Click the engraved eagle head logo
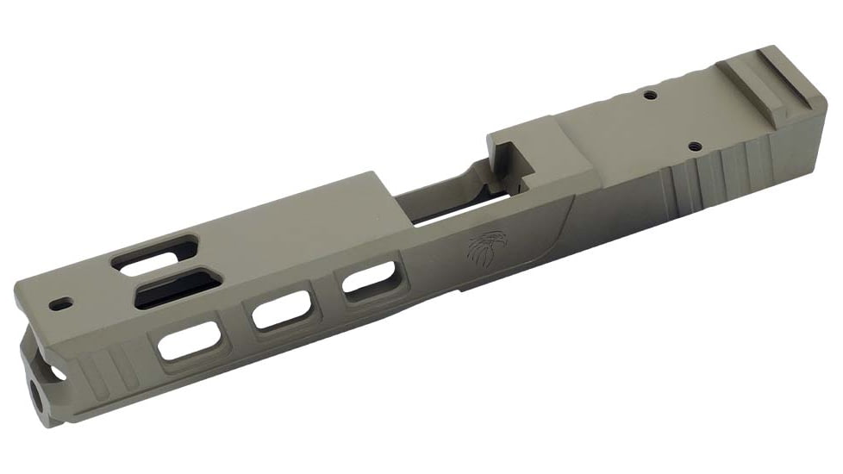(484, 249)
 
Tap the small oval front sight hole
(61, 304)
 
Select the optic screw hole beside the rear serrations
(696, 147)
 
